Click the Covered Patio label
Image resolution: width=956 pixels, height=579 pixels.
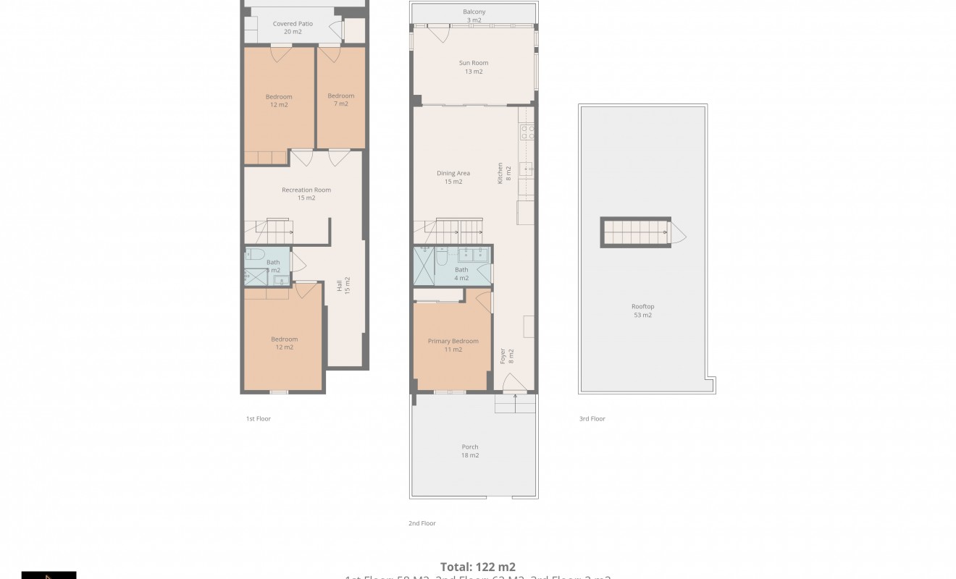(x=293, y=28)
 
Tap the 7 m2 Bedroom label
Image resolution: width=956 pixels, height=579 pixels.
(x=340, y=100)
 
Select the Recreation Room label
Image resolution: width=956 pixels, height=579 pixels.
(x=306, y=194)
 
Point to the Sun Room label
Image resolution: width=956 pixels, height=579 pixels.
(x=474, y=67)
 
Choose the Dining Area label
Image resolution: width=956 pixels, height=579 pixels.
(x=453, y=177)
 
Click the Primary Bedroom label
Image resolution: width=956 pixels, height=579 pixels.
(x=453, y=345)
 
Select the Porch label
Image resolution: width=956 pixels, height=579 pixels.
(x=470, y=451)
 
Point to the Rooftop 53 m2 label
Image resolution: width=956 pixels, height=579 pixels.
(x=642, y=310)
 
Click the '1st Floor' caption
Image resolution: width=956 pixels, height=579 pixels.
(x=259, y=419)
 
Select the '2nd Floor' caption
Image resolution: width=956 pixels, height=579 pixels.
(x=422, y=523)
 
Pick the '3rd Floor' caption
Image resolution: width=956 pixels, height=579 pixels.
(x=592, y=419)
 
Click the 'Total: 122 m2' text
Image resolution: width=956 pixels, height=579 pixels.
(x=478, y=567)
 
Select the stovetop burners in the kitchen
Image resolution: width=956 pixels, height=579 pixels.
(x=527, y=132)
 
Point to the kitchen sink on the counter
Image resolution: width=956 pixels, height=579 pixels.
(x=528, y=169)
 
